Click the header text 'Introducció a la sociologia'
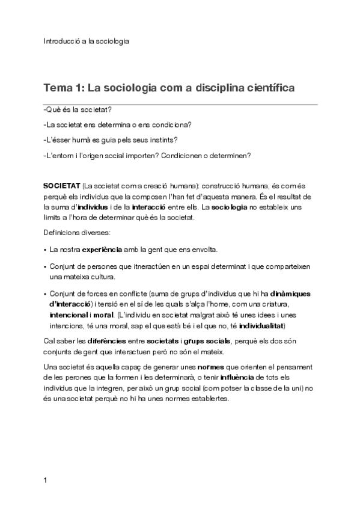(86, 41)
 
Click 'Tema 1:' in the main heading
(63, 88)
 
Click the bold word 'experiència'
(102, 248)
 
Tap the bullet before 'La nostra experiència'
(46, 248)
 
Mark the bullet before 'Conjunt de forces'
(46, 294)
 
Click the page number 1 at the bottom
(46, 481)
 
